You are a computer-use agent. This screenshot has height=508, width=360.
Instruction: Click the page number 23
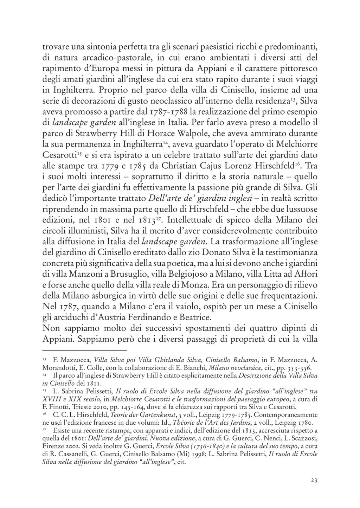click(x=314, y=481)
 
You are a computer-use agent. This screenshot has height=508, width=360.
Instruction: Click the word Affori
click(x=304, y=274)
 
